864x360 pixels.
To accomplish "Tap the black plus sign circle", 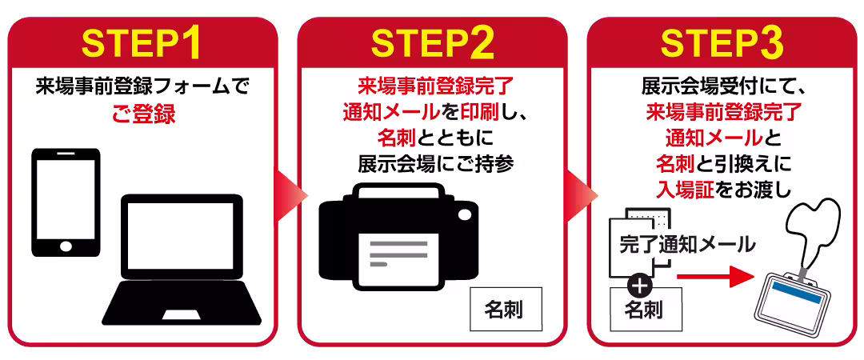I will (642, 284).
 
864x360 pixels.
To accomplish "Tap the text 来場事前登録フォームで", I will (142, 86).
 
